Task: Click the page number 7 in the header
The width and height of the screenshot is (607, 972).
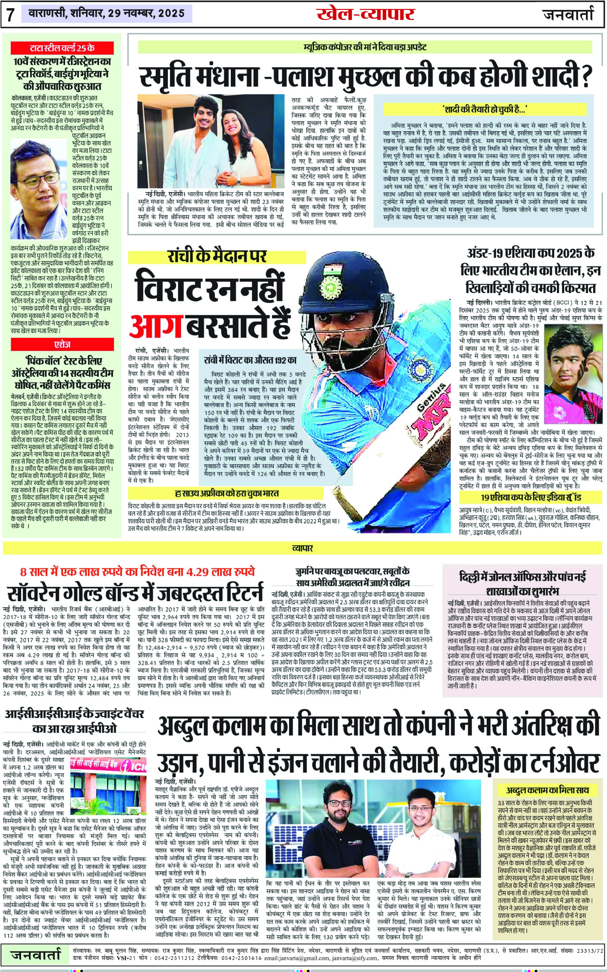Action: click(11, 15)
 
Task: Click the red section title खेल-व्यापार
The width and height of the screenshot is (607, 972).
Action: click(365, 14)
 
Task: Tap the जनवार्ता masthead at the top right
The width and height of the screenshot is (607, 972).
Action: click(568, 15)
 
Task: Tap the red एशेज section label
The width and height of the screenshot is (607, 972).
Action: click(63, 344)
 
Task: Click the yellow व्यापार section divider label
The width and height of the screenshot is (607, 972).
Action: click(302, 548)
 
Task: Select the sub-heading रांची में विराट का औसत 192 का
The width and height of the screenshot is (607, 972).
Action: click(250, 360)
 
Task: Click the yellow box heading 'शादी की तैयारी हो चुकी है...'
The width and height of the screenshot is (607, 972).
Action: click(485, 109)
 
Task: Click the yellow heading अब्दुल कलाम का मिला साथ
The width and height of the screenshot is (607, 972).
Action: click(547, 790)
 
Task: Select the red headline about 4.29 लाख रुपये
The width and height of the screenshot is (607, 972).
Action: click(137, 572)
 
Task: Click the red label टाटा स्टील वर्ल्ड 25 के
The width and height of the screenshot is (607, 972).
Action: click(62, 48)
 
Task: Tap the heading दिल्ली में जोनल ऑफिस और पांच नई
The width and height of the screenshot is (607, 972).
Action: click(522, 577)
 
